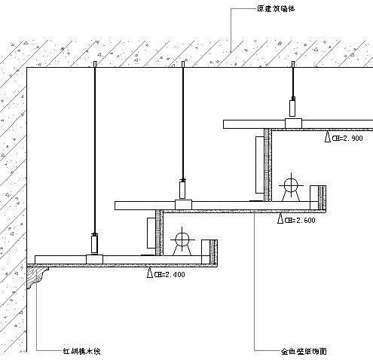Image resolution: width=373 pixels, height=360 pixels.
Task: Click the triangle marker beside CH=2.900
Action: click(x=328, y=138)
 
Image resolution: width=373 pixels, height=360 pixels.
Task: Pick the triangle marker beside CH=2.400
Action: click(x=149, y=273)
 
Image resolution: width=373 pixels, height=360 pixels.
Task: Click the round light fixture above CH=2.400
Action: click(x=182, y=241)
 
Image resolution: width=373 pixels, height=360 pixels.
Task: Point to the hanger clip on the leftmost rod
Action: click(x=94, y=243)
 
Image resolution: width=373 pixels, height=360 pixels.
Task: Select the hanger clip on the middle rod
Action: click(x=182, y=188)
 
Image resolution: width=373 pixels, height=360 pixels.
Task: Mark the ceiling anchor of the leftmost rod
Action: click(x=94, y=68)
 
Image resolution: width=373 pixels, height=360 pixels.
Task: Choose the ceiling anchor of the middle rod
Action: click(x=182, y=68)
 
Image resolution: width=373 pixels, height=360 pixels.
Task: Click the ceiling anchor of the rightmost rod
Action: click(x=292, y=68)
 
